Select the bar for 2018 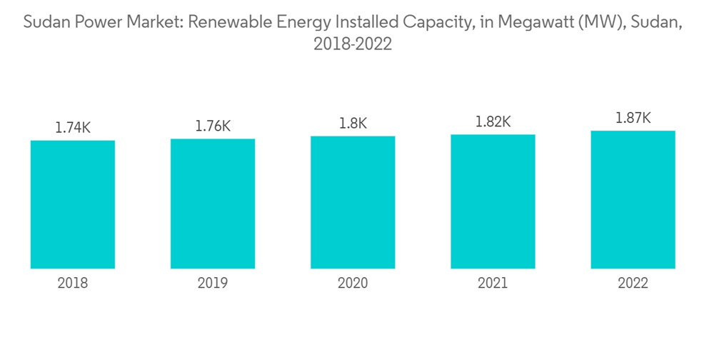click(x=73, y=204)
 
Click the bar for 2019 click(x=213, y=204)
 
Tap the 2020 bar click(x=353, y=202)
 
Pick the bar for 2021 click(x=493, y=201)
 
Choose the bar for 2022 click(x=633, y=199)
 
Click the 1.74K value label click(x=73, y=128)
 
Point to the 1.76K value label click(x=213, y=126)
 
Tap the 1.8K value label click(x=353, y=124)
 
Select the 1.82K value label click(x=493, y=122)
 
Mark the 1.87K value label click(x=633, y=119)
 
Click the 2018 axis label click(x=73, y=284)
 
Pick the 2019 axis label click(x=213, y=284)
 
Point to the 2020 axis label click(x=353, y=284)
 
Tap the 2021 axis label click(x=493, y=284)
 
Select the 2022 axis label click(x=633, y=284)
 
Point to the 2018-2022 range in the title click(x=353, y=44)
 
